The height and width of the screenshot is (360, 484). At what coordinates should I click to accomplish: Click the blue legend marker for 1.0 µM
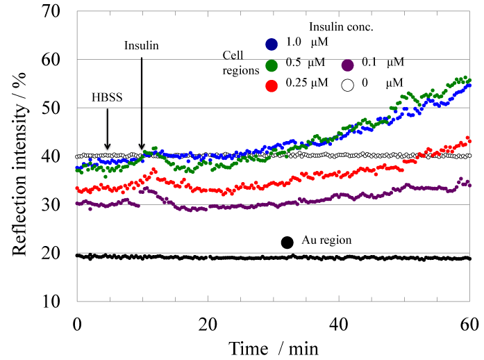(x=272, y=44)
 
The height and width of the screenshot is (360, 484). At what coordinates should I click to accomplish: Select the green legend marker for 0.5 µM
(x=272, y=67)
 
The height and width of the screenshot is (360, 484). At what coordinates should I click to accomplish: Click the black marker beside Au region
(x=287, y=242)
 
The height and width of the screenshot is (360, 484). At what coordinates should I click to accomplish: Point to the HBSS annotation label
(x=107, y=98)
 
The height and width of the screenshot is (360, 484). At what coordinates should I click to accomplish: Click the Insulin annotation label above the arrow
(x=142, y=46)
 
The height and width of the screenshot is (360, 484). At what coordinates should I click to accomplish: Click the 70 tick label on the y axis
(x=58, y=12)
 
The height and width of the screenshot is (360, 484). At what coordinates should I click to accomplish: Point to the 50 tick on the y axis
(x=58, y=108)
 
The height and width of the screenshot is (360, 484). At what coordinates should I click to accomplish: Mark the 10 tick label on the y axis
(x=58, y=302)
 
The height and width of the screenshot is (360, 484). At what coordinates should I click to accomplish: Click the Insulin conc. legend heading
(x=342, y=28)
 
